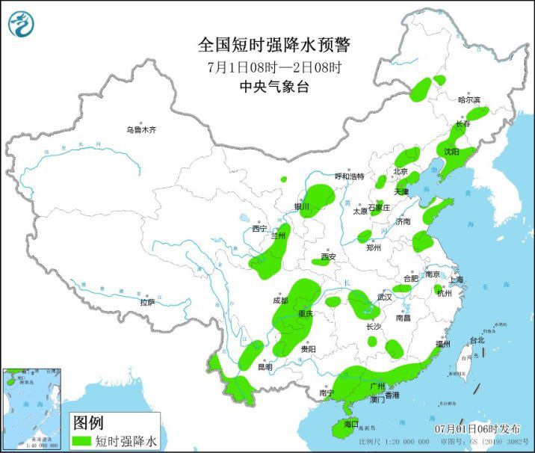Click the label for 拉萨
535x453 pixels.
click(x=146, y=302)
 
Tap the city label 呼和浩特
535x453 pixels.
click(x=349, y=177)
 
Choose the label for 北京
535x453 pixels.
click(x=401, y=172)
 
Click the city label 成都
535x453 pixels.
click(x=279, y=301)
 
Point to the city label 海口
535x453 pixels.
click(x=351, y=424)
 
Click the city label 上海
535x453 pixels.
click(x=456, y=280)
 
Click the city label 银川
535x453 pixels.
click(x=302, y=207)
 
